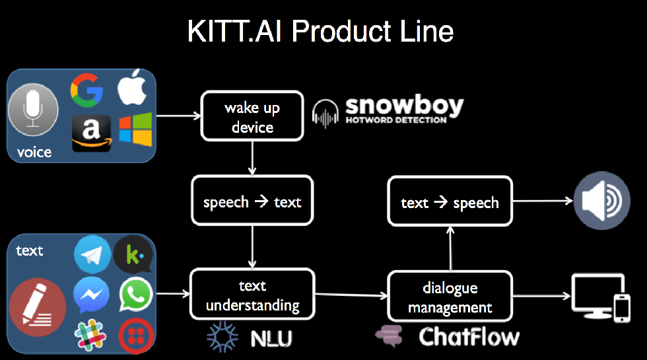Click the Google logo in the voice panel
pyautogui.click(x=87, y=90)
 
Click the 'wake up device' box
pyautogui.click(x=252, y=116)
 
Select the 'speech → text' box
pyautogui.click(x=252, y=201)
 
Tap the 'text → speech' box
pyautogui.click(x=450, y=202)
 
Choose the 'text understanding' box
pyautogui.click(x=252, y=295)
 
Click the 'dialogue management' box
pyautogui.click(x=450, y=297)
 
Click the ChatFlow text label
pyautogui.click(x=469, y=337)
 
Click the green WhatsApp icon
pyautogui.click(x=136, y=295)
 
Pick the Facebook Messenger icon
pyautogui.click(x=92, y=295)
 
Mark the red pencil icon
pyautogui.click(x=38, y=308)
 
